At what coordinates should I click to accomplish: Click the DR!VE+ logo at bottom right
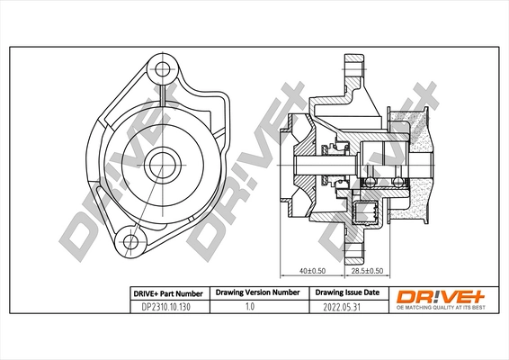(x=442, y=295)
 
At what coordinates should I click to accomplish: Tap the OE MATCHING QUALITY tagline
(x=442, y=309)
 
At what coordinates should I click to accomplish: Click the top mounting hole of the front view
(x=162, y=67)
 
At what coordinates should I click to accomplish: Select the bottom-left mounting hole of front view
(x=132, y=240)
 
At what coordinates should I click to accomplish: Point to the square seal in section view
(x=366, y=212)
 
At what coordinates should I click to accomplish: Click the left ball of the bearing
(x=369, y=183)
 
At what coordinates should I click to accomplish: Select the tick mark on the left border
(x=11, y=180)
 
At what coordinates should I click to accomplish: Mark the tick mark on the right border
(x=497, y=180)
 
